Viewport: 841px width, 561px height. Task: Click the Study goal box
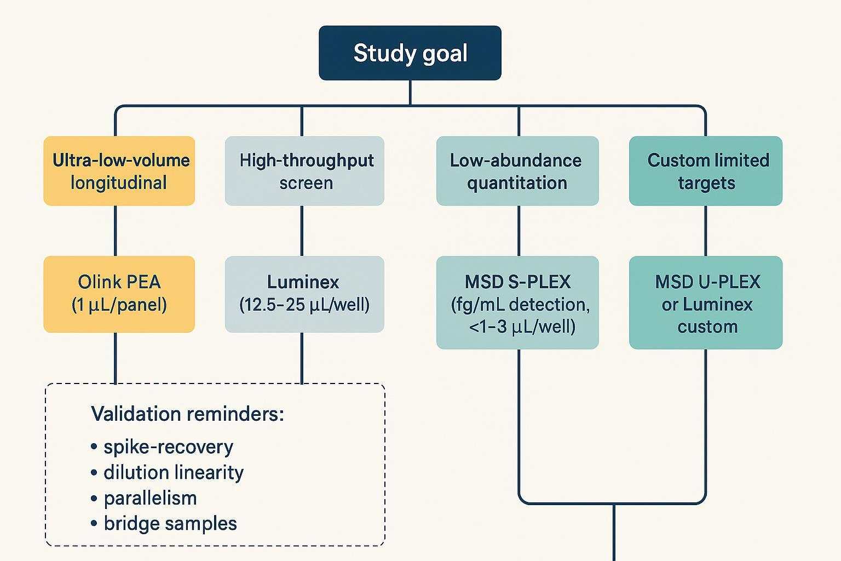pos(410,53)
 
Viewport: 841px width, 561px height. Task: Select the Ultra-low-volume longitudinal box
pos(119,171)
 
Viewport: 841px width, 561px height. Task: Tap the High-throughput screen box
pos(304,171)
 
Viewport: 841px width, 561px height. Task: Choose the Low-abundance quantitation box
pos(517,171)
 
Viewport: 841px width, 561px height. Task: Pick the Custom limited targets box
pos(706,171)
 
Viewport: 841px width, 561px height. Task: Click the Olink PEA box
pos(119,294)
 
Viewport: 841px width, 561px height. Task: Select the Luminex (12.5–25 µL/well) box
pos(304,294)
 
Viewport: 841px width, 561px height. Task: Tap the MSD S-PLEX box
pos(517,302)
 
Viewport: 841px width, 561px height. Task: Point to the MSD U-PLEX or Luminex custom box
pos(706,302)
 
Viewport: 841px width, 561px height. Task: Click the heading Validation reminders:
pos(187,414)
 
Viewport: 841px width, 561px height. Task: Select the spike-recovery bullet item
pos(168,447)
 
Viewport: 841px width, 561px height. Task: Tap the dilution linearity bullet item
pos(173,472)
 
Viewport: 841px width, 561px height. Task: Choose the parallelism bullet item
pos(149,498)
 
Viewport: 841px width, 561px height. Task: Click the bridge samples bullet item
pos(170,523)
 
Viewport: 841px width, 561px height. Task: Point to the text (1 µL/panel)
pos(119,305)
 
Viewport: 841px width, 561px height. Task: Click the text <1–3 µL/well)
pos(522,327)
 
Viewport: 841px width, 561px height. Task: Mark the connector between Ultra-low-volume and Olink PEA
pos(116,231)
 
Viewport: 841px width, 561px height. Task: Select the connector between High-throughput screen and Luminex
pos(302,231)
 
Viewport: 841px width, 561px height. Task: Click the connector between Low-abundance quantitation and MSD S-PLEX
pos(519,231)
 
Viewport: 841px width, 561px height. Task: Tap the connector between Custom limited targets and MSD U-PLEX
pos(705,231)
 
